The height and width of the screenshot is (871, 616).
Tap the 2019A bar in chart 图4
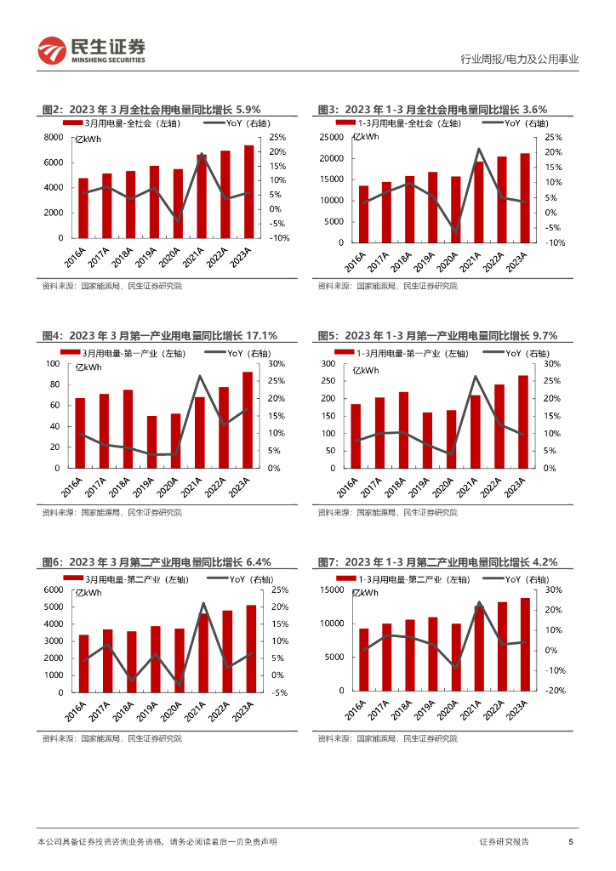pyautogui.click(x=152, y=441)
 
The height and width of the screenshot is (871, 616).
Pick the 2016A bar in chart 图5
pyautogui.click(x=356, y=435)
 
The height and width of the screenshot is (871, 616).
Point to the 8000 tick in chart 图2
pyautogui.click(x=53, y=137)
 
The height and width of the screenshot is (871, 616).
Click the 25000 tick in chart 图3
pyautogui.click(x=331, y=137)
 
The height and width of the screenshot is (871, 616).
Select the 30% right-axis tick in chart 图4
pyautogui.click(x=276, y=364)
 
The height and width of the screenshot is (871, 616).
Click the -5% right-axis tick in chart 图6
pyautogui.click(x=279, y=692)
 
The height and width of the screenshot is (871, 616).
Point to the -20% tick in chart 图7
pyautogui.click(x=555, y=692)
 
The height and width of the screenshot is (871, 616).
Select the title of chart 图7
pyautogui.click(x=437, y=562)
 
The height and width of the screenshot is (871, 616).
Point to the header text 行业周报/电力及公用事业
pyautogui.click(x=519, y=60)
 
